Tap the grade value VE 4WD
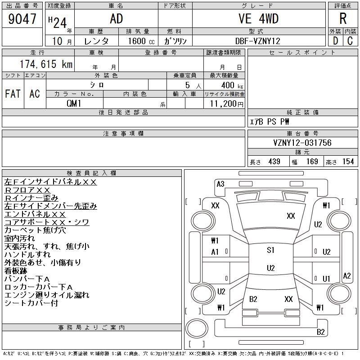tap(258, 18)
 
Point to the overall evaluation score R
tap(343, 19)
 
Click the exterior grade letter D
tap(335, 41)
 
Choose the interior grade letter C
tap(350, 41)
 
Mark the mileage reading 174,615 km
tap(45, 64)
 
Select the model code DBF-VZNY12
tap(258, 41)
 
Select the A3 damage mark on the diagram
tap(220, 184)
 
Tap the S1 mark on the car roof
tap(270, 250)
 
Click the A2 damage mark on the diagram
tap(346, 276)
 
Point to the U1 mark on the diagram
tap(327, 279)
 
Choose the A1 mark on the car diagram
tap(215, 252)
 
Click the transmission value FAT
tap(13, 94)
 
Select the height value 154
tap(348, 162)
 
